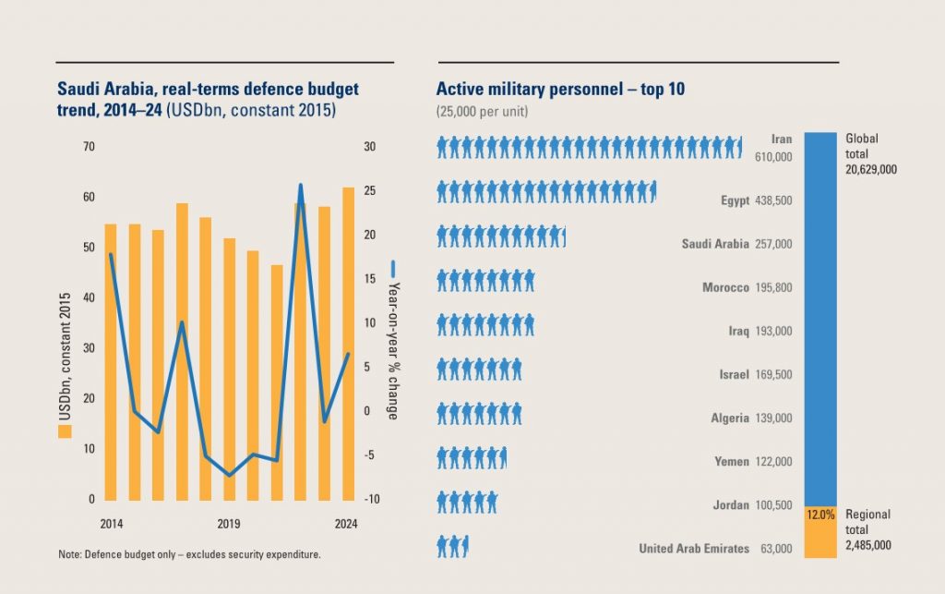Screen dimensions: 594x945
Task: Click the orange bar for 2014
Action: click(x=111, y=360)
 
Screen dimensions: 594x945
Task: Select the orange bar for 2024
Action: click(x=348, y=342)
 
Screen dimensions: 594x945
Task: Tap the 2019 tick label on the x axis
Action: click(x=229, y=525)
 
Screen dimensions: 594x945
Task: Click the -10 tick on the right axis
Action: click(x=371, y=500)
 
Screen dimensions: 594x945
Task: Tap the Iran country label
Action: click(x=782, y=139)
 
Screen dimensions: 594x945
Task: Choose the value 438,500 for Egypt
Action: click(x=773, y=200)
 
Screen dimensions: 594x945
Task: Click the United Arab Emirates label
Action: click(x=694, y=549)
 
